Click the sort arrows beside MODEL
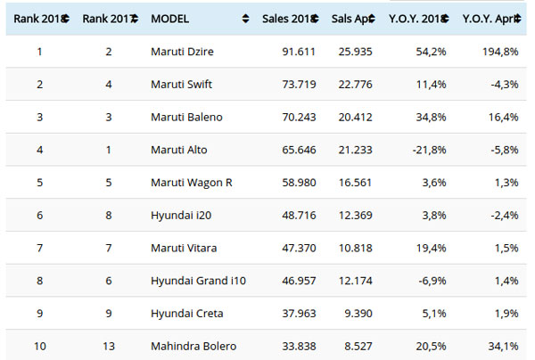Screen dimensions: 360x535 [x=245, y=18]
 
